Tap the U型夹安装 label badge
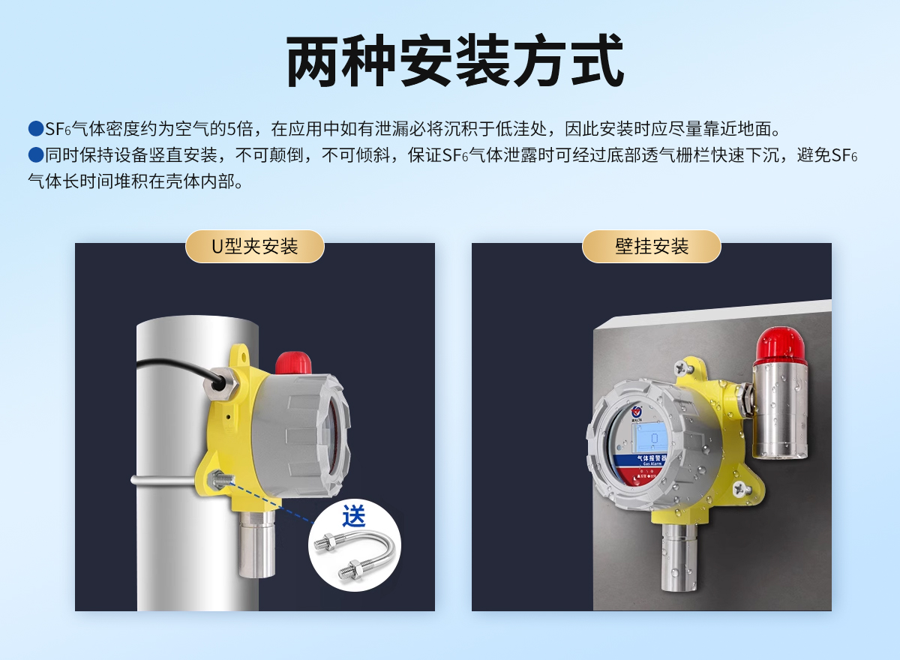tap(254, 247)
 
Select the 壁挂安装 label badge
tap(651, 247)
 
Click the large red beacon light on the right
tap(780, 345)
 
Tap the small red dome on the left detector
tap(293, 363)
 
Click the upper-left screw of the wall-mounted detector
tap(682, 368)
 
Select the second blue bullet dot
tap(35, 155)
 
